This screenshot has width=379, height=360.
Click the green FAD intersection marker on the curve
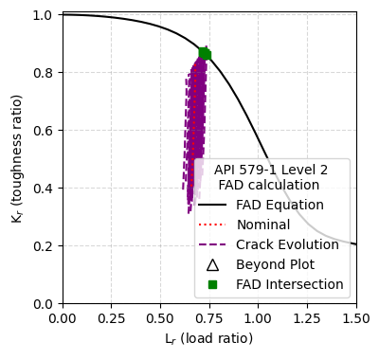tap(205, 54)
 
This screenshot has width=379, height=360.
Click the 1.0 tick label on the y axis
tap(42, 15)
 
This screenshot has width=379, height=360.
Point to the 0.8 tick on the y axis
tap(42, 73)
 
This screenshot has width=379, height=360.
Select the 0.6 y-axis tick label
tap(42, 131)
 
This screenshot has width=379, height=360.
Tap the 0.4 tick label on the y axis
tap(42, 189)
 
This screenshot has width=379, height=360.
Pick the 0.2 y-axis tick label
tap(42, 246)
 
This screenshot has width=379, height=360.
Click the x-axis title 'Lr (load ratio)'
tap(209, 339)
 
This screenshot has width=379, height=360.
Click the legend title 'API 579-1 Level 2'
tap(271, 170)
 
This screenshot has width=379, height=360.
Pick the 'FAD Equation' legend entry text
tap(280, 205)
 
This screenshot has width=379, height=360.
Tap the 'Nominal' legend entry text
tap(263, 225)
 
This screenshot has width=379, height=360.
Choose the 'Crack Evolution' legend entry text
tap(287, 244)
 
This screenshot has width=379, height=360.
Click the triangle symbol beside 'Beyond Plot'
tap(213, 264)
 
